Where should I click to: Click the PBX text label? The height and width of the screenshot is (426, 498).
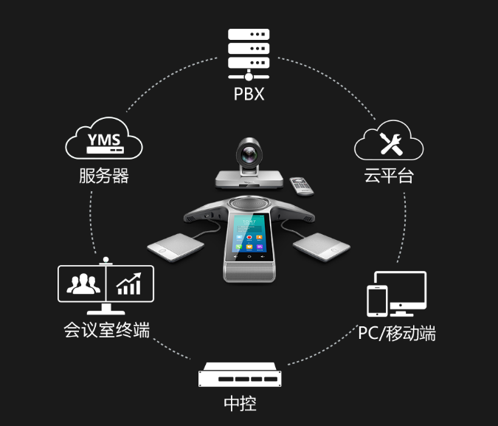tap(249, 95)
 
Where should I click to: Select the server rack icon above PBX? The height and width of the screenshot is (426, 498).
tap(249, 54)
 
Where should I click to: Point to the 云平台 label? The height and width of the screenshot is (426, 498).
tap(388, 176)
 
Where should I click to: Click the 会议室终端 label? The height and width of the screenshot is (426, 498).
tap(106, 330)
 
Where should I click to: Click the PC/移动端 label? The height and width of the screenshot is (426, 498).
tap(397, 333)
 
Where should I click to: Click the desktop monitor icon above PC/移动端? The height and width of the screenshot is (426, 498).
tap(402, 291)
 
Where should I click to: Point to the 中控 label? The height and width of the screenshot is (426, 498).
tap(240, 404)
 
